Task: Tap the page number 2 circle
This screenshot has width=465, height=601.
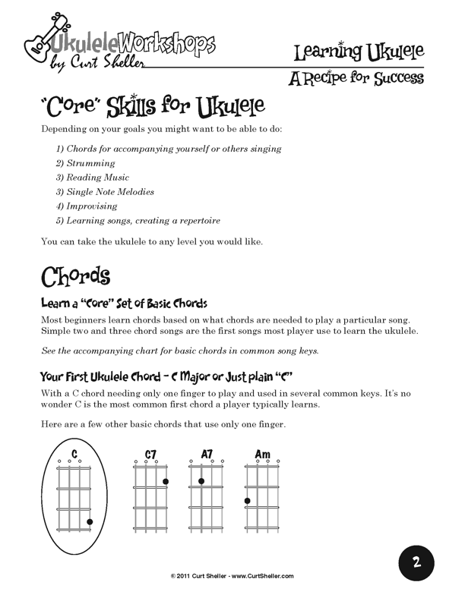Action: tap(416, 562)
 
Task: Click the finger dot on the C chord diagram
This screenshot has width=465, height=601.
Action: tap(90, 521)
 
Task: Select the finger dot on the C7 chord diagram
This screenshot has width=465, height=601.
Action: tap(166, 482)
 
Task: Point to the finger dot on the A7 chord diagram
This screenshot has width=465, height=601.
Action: tap(201, 481)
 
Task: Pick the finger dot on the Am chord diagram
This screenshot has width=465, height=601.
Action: tap(247, 501)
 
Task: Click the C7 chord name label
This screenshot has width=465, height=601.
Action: tap(150, 455)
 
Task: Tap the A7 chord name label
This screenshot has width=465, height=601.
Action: tap(207, 454)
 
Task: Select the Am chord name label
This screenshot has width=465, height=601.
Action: tap(262, 455)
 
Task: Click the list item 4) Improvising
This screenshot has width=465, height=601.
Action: tap(86, 206)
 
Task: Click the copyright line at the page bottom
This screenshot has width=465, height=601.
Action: tap(232, 576)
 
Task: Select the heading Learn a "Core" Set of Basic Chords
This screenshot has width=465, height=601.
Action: tap(124, 304)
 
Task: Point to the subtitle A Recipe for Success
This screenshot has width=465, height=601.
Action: tap(356, 79)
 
